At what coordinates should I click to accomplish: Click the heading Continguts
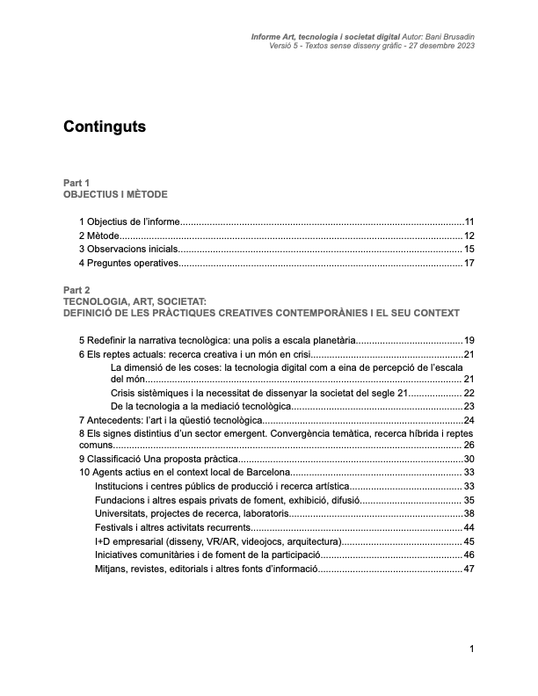[x=105, y=127]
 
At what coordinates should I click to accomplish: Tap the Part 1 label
[x=76, y=182]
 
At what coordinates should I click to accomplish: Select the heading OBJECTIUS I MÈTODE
[x=114, y=193]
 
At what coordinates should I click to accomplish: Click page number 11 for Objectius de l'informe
[x=469, y=221]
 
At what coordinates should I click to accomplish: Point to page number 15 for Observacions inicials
[x=469, y=250]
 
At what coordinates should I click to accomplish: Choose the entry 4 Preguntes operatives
[x=128, y=263]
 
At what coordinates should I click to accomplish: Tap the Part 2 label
[x=76, y=290]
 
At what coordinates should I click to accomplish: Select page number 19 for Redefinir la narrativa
[x=469, y=340]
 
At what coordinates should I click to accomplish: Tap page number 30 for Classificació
[x=469, y=459]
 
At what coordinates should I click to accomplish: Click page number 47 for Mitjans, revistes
[x=469, y=569]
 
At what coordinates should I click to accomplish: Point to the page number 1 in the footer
[x=472, y=649]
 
